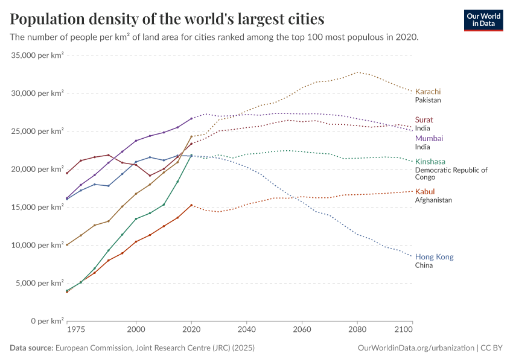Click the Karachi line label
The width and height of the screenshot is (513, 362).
[x=428, y=92]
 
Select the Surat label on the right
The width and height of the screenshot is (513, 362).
[x=424, y=119]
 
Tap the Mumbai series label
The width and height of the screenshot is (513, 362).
[x=429, y=138]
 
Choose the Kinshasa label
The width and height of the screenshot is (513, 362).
[x=430, y=161]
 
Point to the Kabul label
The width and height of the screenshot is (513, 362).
[x=425, y=191]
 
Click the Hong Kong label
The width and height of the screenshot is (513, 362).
[x=435, y=256]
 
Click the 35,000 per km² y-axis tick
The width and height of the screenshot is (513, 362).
[x=37, y=56]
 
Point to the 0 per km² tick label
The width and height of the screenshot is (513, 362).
[x=47, y=320]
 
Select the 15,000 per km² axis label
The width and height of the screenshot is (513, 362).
[x=37, y=207]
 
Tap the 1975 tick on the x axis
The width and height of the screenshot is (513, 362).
[x=75, y=330]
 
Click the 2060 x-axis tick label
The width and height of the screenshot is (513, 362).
[x=302, y=330]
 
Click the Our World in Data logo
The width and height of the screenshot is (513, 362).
[x=483, y=20]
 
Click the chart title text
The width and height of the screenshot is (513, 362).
[x=167, y=19]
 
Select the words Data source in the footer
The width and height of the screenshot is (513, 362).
[x=31, y=348]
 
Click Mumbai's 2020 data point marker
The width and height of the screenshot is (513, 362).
[x=191, y=118]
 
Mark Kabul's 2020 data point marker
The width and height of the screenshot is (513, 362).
[x=191, y=205]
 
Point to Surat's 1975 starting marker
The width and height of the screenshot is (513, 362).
[x=67, y=173]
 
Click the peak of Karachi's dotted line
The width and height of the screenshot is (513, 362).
[x=357, y=72]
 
